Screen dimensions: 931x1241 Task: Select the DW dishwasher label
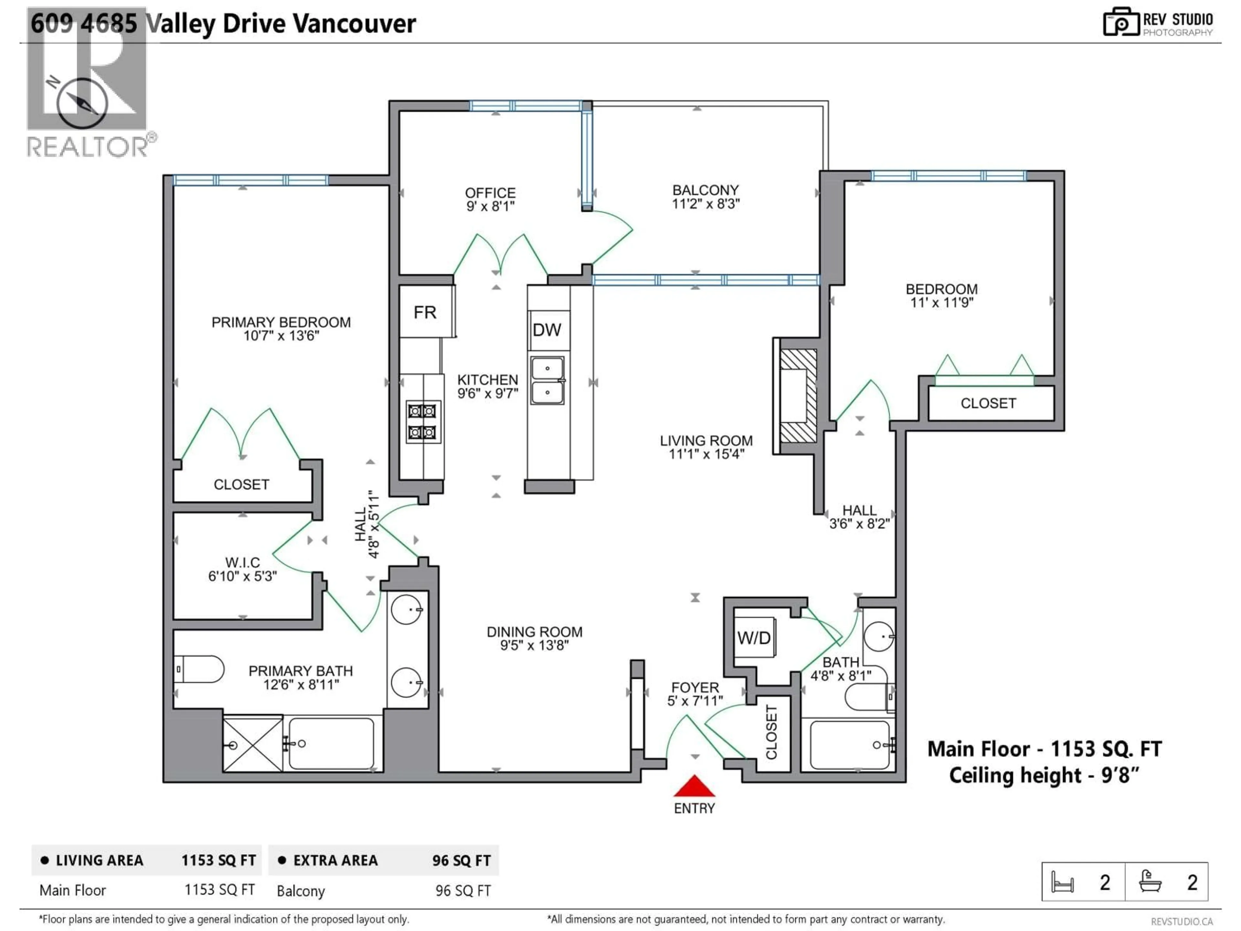pyautogui.click(x=546, y=330)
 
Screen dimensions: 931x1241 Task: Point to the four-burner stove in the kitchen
pyautogui.click(x=422, y=422)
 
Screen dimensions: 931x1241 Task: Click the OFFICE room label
pyautogui.click(x=490, y=193)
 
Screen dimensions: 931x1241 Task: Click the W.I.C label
pyautogui.click(x=242, y=562)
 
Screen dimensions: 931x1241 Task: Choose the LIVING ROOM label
pyautogui.click(x=706, y=441)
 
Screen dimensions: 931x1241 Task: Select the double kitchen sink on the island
pyautogui.click(x=547, y=380)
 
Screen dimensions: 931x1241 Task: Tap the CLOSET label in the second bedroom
pyautogui.click(x=988, y=403)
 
